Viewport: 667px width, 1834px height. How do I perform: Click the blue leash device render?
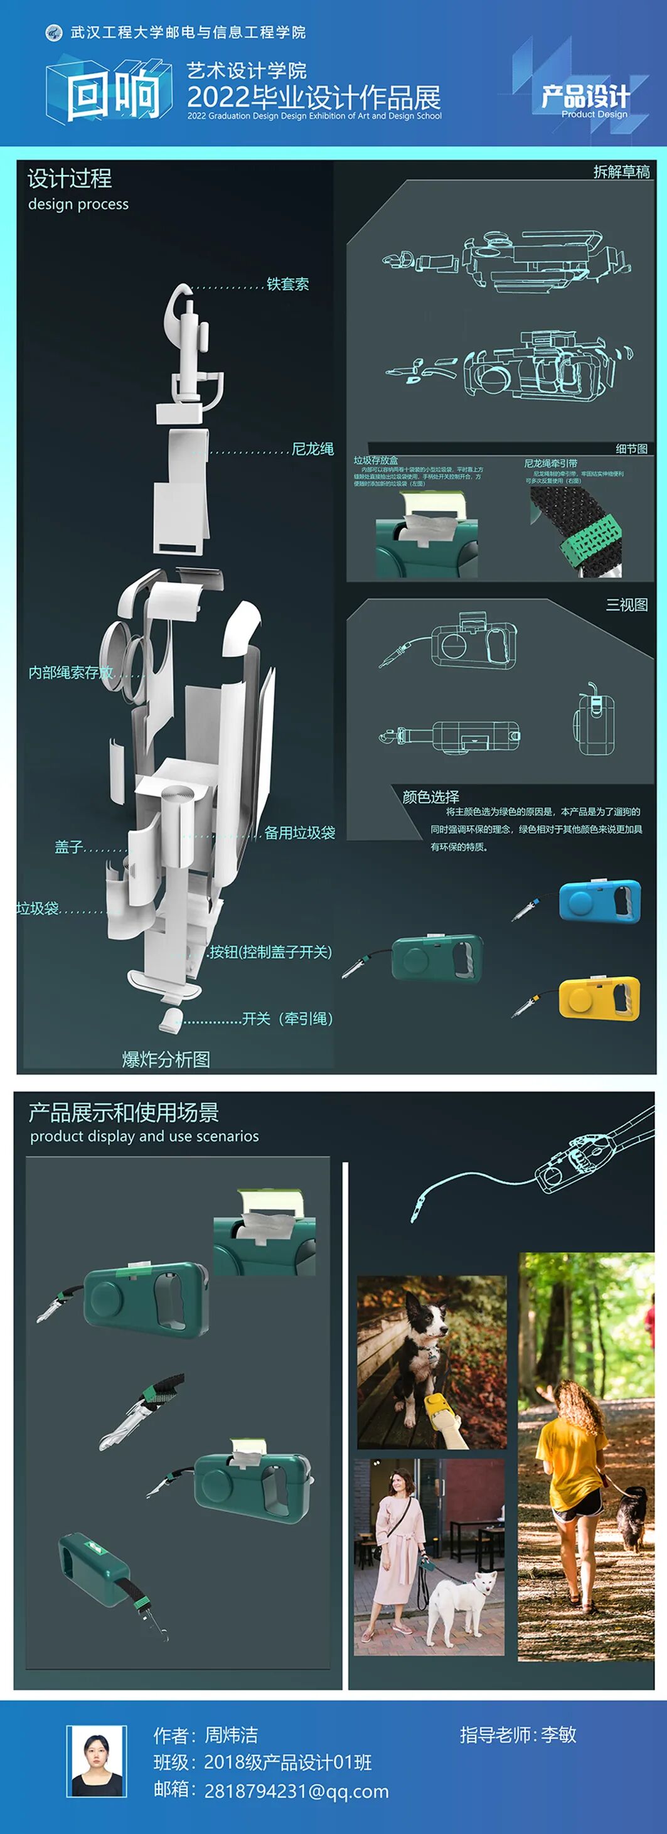point(599,901)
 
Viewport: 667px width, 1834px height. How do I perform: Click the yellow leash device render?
point(599,998)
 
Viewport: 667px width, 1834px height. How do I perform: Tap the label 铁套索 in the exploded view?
point(287,284)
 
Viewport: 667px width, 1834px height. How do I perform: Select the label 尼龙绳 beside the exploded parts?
point(312,449)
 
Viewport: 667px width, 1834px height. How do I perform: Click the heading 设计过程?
point(70,178)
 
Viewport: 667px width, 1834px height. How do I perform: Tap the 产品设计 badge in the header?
point(585,97)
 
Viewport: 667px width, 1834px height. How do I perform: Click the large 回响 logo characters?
point(114,94)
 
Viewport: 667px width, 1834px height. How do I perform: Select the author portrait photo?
point(97,1761)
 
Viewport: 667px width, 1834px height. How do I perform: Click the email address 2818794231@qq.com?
point(296,1791)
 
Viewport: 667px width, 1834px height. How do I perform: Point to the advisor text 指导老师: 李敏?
point(518,1734)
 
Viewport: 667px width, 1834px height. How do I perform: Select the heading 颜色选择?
point(430,796)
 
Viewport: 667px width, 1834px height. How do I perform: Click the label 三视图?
point(626,605)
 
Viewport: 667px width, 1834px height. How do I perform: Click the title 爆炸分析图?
point(166,1059)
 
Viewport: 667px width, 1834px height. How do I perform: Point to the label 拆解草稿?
point(621,171)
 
